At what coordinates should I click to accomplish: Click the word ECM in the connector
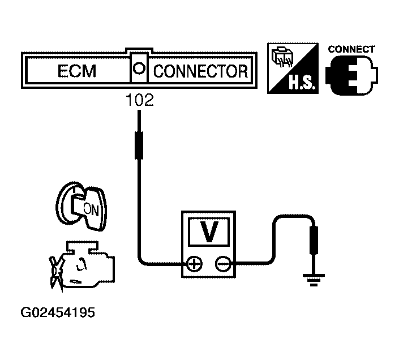tap(77, 72)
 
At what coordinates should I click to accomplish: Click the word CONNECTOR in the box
tap(201, 72)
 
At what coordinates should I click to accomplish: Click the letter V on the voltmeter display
tap(209, 232)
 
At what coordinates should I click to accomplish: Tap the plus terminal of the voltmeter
tap(194, 263)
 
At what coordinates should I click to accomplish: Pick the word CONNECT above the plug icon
tap(351, 49)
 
